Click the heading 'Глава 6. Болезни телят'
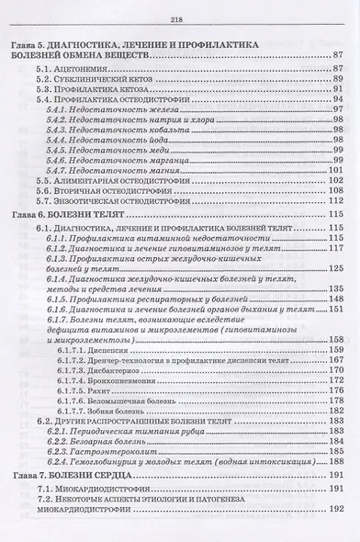click(83, 214)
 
